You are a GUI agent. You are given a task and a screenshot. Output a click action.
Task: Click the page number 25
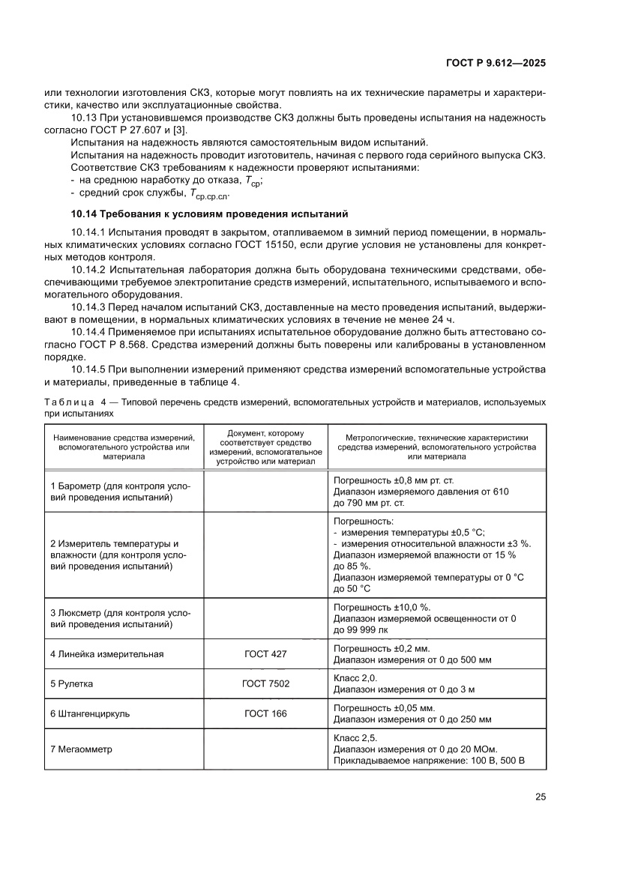[x=540, y=797]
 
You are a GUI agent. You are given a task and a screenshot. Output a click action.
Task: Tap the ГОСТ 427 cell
[x=265, y=653]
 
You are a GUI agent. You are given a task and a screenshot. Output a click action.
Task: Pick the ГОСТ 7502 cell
[x=265, y=683]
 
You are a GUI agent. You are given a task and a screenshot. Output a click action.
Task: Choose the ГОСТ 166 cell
[x=265, y=713]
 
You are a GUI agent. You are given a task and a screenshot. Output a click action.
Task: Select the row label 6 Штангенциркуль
[x=90, y=713]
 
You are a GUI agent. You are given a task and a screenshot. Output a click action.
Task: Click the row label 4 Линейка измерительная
[x=106, y=653]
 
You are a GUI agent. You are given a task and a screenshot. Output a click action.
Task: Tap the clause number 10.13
[x=83, y=118]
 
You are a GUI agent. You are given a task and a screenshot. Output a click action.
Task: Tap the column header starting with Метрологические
[x=436, y=446]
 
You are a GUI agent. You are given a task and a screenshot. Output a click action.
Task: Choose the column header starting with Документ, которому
[x=265, y=446]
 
